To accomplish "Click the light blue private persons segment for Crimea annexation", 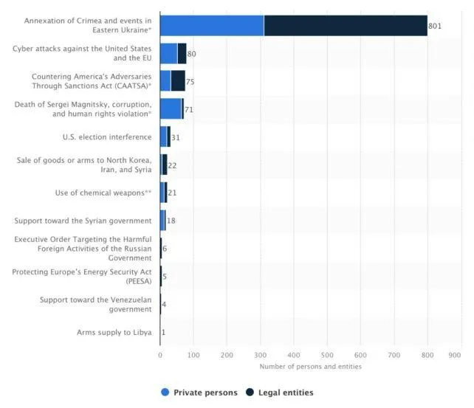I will [x=212, y=26].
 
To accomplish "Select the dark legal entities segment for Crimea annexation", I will [x=346, y=26].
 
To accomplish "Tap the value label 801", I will [x=435, y=27].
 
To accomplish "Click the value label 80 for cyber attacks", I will [x=192, y=54].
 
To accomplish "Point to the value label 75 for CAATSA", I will [x=190, y=82].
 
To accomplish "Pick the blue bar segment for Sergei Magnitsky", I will [x=171, y=109].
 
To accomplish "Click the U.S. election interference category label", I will [x=107, y=137].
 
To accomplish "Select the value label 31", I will [x=176, y=138].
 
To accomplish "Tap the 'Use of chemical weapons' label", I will [x=103, y=193].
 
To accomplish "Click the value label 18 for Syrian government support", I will [x=171, y=221].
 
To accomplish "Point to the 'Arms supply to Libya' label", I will [x=114, y=332].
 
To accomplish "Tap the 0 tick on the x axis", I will [x=160, y=355].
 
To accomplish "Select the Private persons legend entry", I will [x=199, y=393].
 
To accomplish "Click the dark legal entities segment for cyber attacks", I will [x=182, y=54].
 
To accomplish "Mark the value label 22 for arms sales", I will [x=172, y=165].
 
